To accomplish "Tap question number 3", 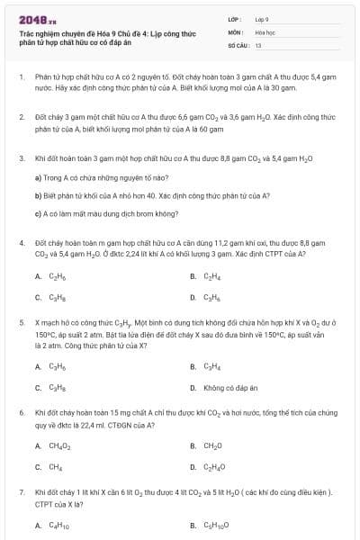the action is click(x=22, y=157).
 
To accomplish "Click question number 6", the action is click(x=22, y=412).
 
